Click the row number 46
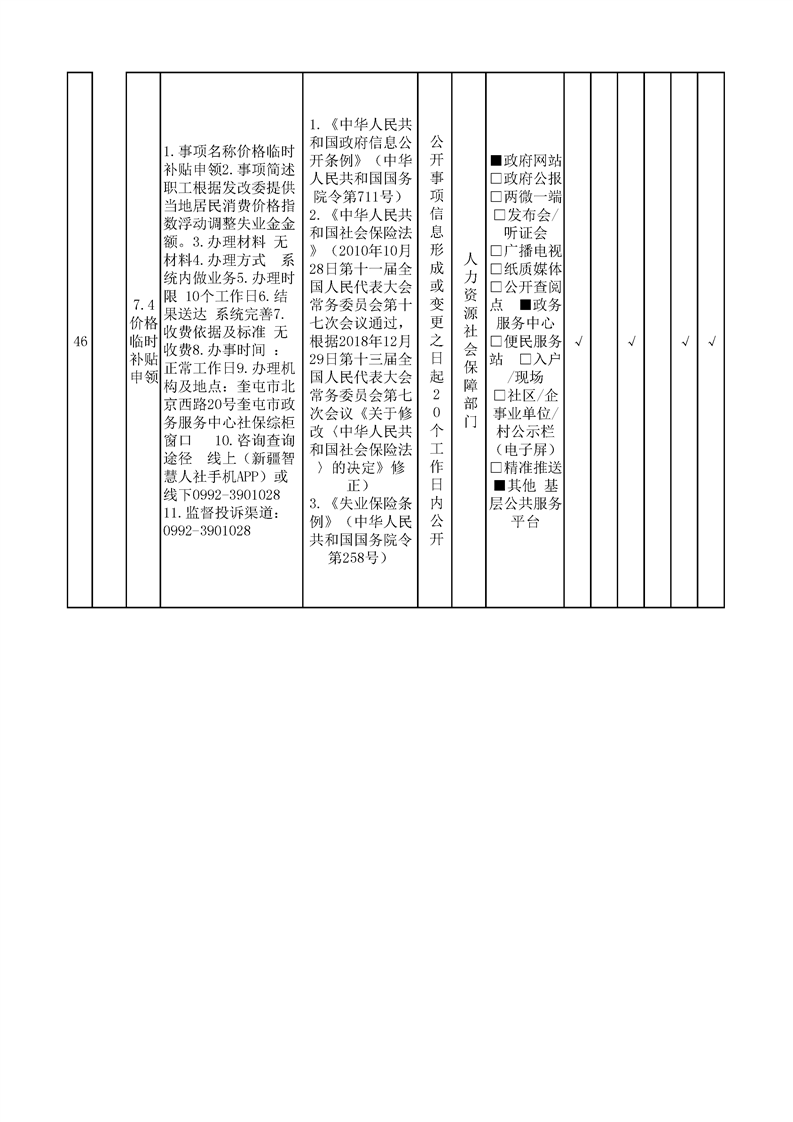pyautogui.click(x=80, y=341)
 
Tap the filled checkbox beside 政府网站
pyautogui.click(x=496, y=160)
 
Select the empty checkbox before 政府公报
pyautogui.click(x=496, y=178)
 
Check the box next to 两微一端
pyautogui.click(x=496, y=196)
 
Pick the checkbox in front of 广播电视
pyautogui.click(x=496, y=251)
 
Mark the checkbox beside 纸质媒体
pyautogui.click(x=496, y=269)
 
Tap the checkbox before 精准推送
pyautogui.click(x=496, y=468)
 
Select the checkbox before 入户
pyautogui.click(x=525, y=359)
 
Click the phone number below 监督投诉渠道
pyautogui.click(x=208, y=531)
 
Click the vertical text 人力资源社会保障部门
pyautogui.click(x=470, y=341)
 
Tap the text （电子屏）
pyautogui.click(x=525, y=450)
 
